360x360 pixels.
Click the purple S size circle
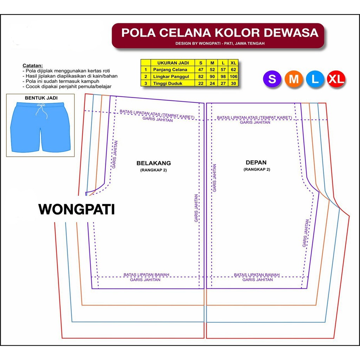point(272,79)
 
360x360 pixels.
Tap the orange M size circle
point(294,79)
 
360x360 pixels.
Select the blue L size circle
point(315,79)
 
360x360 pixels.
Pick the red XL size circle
point(336,79)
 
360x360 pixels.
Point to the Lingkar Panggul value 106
point(233,76)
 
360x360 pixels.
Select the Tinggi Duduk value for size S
point(200,83)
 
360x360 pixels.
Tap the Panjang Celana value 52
point(212,70)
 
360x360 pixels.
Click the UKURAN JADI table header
point(173,63)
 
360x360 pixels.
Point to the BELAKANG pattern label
point(154,163)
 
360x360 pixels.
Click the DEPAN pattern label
point(256,162)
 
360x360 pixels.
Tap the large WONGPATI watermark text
point(77,210)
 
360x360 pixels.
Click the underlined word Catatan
point(33,65)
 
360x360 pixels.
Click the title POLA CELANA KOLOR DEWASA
point(220,33)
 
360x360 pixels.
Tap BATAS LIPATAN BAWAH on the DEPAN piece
point(257,275)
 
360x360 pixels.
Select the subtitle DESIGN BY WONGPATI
point(220,44)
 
